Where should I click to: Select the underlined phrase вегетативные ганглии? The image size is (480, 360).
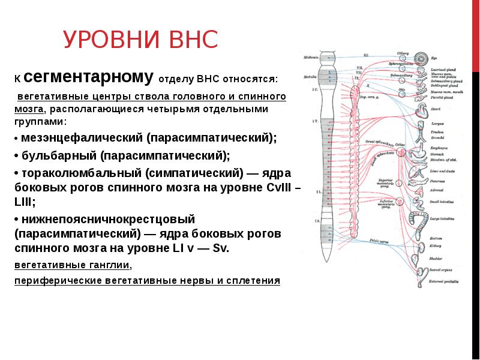pyautogui.click(x=72, y=265)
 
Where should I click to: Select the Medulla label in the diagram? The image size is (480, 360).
pyautogui.click(x=310, y=77)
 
